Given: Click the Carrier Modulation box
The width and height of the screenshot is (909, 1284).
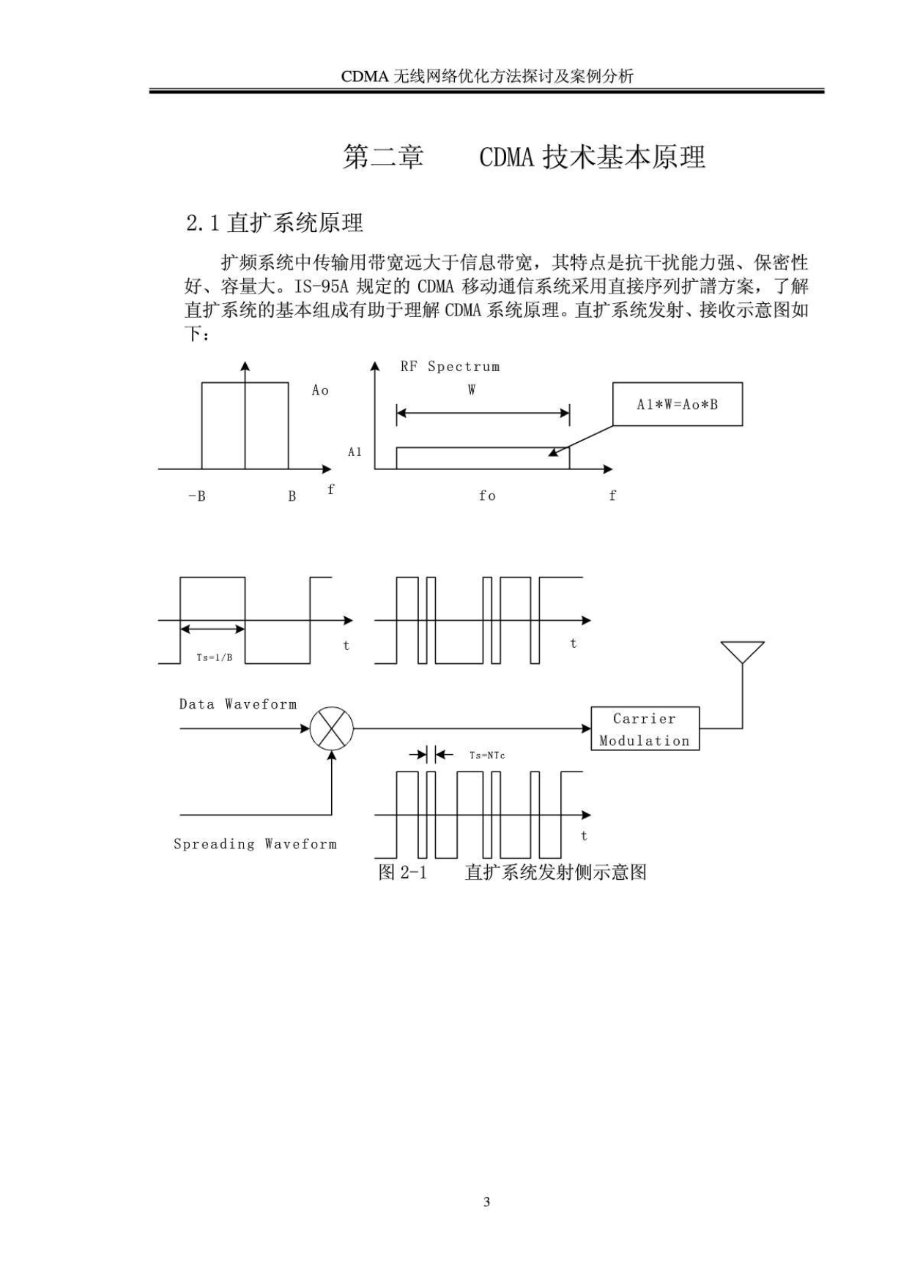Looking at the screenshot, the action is pos(645,728).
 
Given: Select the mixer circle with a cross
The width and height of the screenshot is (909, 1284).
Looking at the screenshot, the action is pos(332,728).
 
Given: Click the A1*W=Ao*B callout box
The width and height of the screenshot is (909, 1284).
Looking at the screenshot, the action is pos(678,404).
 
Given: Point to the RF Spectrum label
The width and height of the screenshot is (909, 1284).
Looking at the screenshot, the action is pos(450,367).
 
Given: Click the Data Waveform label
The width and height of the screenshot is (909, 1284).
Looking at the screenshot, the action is pos(238,704).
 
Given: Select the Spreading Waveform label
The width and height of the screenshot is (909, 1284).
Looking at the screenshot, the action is pos(255,844).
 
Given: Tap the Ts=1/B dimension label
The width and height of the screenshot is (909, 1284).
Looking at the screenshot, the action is pos(215,657).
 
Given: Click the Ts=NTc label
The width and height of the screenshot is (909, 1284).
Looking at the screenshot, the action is pos(487,755).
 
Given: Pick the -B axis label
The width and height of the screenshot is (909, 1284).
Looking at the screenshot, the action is pos(196,496).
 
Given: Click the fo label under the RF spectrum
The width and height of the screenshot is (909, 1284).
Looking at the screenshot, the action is pos(487,496).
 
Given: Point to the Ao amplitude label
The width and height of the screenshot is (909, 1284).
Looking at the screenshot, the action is pos(320,390).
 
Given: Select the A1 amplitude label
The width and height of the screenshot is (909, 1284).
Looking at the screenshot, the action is pos(355,452).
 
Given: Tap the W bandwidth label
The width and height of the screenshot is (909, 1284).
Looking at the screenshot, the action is pos(472,390).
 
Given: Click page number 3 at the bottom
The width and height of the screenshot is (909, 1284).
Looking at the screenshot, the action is pos(486,1201).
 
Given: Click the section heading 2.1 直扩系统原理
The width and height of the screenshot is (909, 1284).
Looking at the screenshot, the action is pos(275,223).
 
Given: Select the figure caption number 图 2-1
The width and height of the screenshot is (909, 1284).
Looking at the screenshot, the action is pos(402,872).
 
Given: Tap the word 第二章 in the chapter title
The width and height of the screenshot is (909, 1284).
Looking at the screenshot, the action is pos(383,157).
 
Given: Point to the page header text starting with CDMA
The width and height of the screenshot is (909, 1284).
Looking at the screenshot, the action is pos(487,76).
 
